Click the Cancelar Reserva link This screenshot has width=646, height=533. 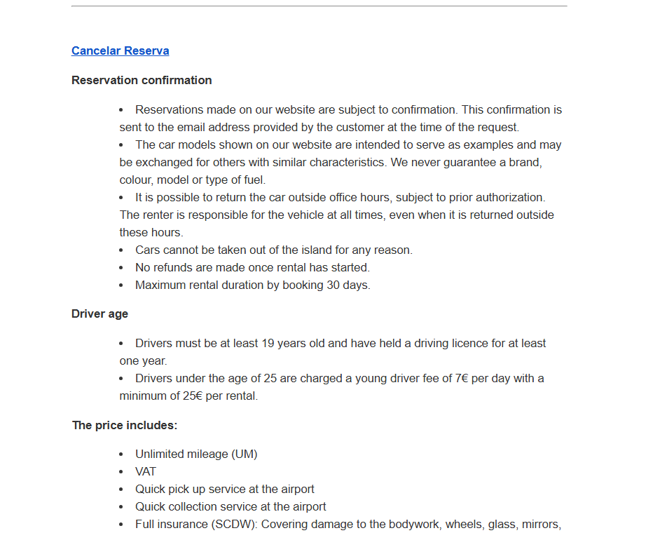point(120,50)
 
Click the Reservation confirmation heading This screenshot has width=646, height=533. point(142,80)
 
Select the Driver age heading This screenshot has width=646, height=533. point(99,313)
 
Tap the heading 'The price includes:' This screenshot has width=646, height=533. point(125,425)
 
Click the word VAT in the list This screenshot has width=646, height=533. point(146,471)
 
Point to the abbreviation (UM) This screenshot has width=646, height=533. point(240,454)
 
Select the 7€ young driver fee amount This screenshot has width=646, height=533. point(462,378)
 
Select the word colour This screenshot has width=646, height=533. point(136,180)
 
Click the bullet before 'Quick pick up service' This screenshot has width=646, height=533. point(121,489)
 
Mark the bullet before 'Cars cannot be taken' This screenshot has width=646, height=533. point(121,250)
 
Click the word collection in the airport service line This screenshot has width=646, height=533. point(194,506)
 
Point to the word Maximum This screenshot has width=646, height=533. point(160,285)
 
